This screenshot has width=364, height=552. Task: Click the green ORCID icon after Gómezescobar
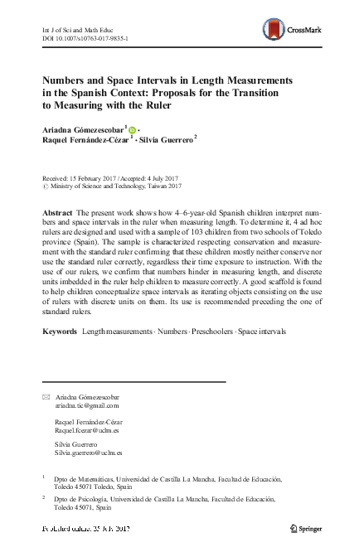132,130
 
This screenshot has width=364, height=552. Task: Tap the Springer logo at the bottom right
308,529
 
